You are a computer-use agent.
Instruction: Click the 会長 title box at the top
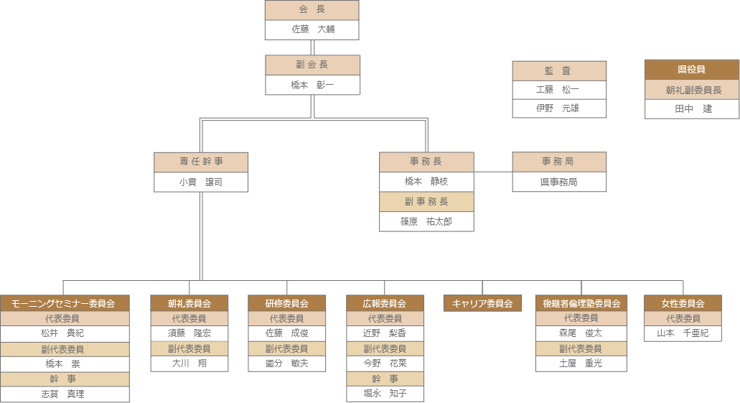click(312, 10)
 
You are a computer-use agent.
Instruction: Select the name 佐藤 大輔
click(312, 29)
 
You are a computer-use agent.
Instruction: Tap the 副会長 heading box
click(312, 65)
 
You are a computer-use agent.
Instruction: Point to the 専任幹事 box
click(201, 162)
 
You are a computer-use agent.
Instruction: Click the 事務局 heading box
click(558, 162)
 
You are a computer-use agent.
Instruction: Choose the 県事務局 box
click(558, 182)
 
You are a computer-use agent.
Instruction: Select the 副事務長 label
click(426, 202)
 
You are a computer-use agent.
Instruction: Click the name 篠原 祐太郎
click(426, 222)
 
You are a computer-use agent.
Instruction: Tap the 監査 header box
click(558, 70)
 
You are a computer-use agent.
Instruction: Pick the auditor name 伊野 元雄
click(558, 108)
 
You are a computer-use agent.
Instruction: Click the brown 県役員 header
click(692, 70)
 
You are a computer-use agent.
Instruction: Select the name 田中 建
click(692, 108)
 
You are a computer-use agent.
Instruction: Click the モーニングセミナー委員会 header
click(65, 303)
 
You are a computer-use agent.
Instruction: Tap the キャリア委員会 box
click(482, 303)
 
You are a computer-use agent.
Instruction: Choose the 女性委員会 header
click(683, 303)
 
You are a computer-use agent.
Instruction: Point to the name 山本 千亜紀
click(683, 333)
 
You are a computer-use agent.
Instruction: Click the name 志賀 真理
click(65, 394)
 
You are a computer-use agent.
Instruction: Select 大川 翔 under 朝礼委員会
click(189, 363)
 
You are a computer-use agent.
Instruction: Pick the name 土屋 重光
click(581, 363)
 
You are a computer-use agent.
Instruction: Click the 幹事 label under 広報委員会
click(385, 379)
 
